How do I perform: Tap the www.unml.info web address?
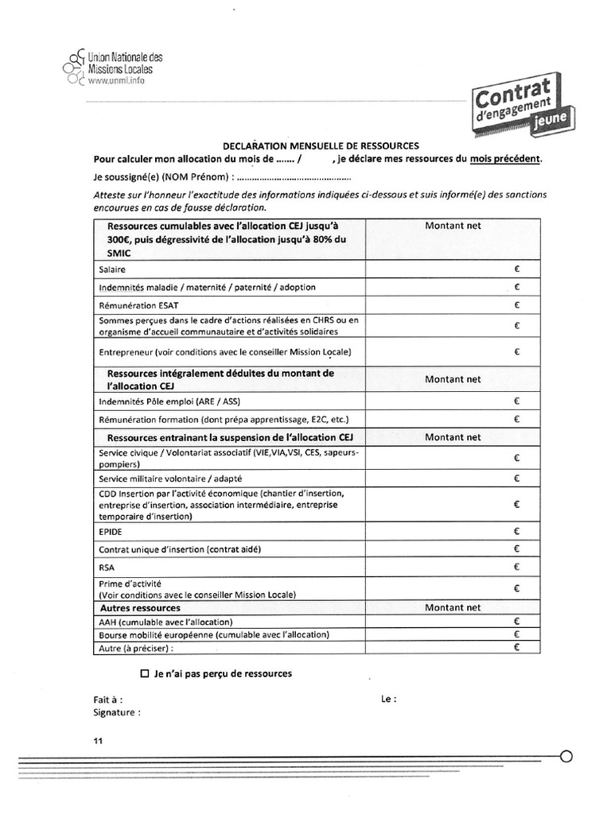pos(116,81)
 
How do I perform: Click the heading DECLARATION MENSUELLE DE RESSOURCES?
pos(321,145)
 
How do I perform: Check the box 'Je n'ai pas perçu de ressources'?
pos(145,673)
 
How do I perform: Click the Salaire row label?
pos(112,270)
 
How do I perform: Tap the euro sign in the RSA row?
pos(516,567)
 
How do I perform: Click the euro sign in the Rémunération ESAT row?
pos(516,305)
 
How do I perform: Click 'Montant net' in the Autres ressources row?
pos(453,607)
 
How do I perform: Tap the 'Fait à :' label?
pos(107,700)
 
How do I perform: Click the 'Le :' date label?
pos(388,700)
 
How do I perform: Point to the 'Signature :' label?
pos(117,712)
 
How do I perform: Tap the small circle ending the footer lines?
pos(566,756)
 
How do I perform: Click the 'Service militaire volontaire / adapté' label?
pos(170,479)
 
